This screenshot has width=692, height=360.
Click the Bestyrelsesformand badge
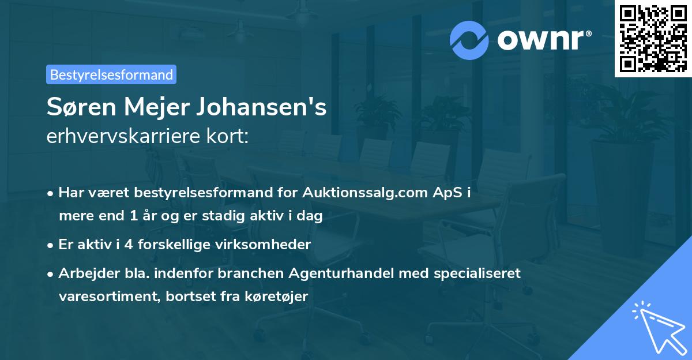tap(111, 74)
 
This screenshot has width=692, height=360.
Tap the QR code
tap(652, 38)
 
